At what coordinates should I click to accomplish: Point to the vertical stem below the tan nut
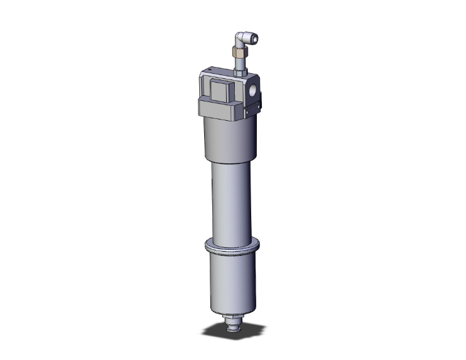point(240,64)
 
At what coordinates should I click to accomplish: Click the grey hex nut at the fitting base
point(240,74)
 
